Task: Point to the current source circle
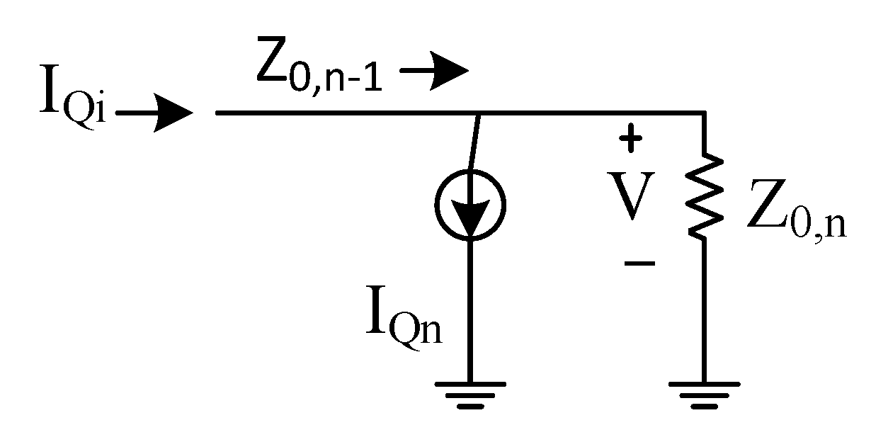coord(469,204)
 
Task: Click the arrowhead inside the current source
coord(469,212)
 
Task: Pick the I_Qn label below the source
coord(404,322)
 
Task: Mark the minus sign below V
coord(639,263)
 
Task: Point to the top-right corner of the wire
coord(703,113)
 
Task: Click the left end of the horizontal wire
coord(218,113)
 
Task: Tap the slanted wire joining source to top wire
coord(476,142)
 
